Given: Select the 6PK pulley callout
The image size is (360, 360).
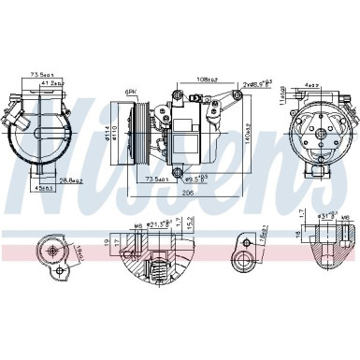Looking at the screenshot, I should pyautogui.click(x=132, y=92).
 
